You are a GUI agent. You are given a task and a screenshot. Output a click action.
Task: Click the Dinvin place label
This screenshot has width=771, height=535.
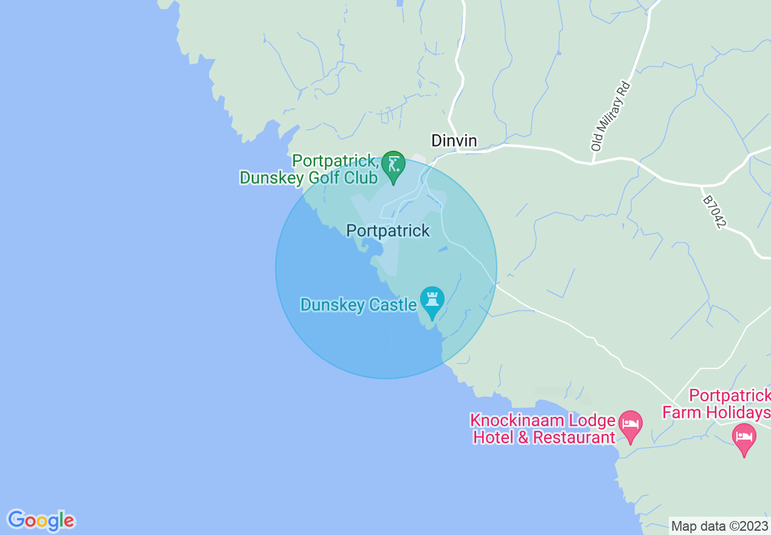pos(454,141)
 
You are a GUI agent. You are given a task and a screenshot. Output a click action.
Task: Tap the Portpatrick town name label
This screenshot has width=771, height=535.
pos(388,231)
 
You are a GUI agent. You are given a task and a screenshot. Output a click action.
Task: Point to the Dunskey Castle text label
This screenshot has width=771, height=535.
pos(358,305)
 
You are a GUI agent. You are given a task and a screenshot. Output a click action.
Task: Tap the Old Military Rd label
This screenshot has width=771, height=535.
pos(611,116)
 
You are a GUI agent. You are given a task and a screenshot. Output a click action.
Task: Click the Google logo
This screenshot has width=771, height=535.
pos(41,520)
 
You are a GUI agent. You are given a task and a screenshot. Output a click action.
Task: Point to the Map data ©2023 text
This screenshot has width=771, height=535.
pos(719,526)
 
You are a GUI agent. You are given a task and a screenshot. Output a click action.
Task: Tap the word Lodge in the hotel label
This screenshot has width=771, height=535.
pos(593,421)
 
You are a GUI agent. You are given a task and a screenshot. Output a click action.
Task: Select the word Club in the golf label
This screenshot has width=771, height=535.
pos(361,178)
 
